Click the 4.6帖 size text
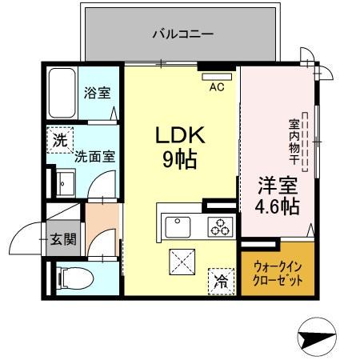tap(278, 207)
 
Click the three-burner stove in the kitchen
tap(219, 226)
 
